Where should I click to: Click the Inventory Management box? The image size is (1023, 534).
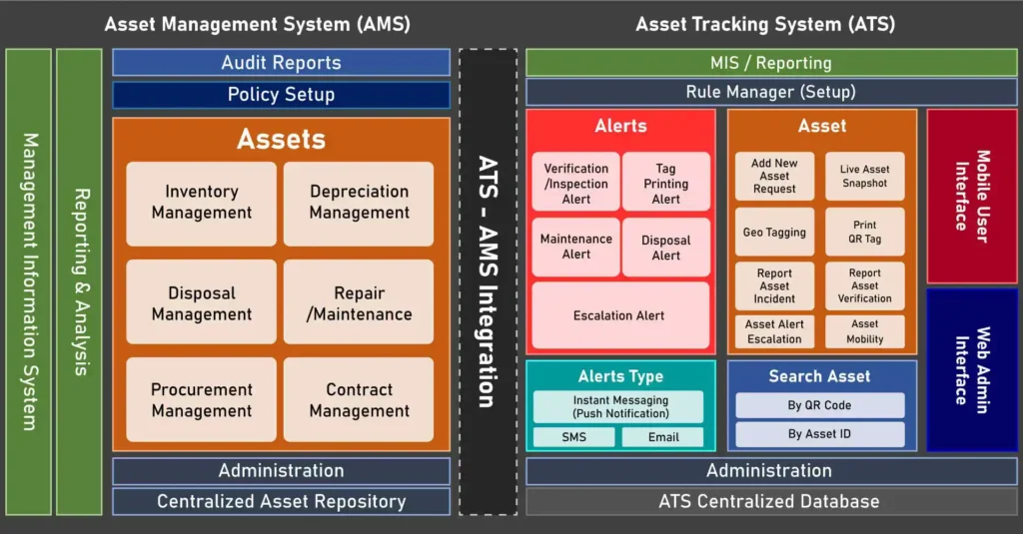[x=201, y=203]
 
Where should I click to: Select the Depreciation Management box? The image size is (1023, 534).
[x=359, y=203]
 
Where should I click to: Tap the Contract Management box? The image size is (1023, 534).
[x=359, y=399]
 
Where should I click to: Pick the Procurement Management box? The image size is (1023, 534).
[x=201, y=399]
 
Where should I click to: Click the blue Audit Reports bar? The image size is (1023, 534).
[x=281, y=63]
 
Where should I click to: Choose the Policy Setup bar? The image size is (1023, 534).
[x=281, y=95]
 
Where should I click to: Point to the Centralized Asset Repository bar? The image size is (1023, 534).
[x=281, y=502]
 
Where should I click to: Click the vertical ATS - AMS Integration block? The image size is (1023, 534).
[x=488, y=281]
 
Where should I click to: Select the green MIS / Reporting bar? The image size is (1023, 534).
[x=770, y=63]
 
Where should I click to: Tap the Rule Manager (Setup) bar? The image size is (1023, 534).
[x=770, y=92]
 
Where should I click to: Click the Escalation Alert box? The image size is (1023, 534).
[x=619, y=315]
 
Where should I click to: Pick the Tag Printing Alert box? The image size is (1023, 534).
[x=665, y=184]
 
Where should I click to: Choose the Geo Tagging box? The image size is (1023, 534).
[x=774, y=233]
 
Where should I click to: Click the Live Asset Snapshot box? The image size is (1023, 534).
[x=864, y=177]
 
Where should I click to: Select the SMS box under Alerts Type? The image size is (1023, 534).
[x=573, y=437]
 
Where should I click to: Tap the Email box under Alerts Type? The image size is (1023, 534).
[x=662, y=437]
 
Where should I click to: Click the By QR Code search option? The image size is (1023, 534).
[x=819, y=405]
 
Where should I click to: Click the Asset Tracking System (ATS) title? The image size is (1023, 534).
[x=765, y=24]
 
